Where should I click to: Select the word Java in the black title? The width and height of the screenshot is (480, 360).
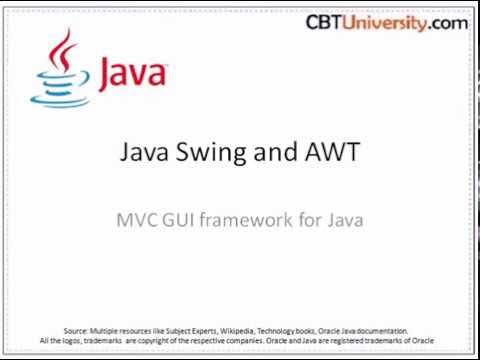click(148, 153)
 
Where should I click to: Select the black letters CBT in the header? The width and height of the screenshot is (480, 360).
click(325, 22)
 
